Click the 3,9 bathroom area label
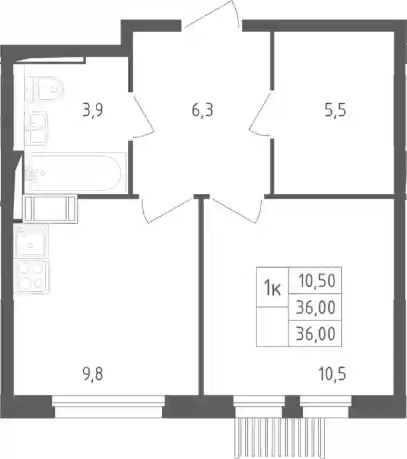[x=93, y=111]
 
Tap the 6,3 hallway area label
[x=203, y=111]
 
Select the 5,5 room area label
[x=335, y=111]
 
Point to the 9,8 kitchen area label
[x=93, y=374]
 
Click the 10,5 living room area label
[x=332, y=374]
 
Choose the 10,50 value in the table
[x=317, y=280]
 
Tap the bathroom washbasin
[x=37, y=128]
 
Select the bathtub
[x=75, y=173]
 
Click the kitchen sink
[x=31, y=242]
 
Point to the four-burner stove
[x=31, y=276]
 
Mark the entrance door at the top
[x=212, y=15]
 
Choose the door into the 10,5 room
[x=236, y=210]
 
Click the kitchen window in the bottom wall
[x=109, y=406]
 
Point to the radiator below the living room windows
[x=280, y=438]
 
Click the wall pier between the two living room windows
[x=292, y=406]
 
